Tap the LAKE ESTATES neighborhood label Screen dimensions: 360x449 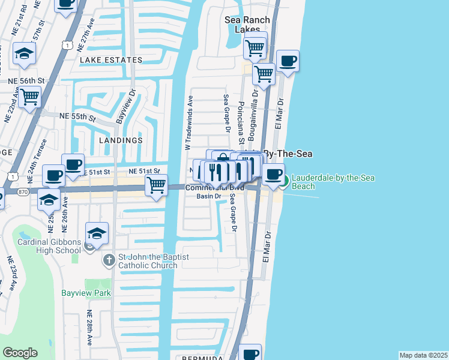(x=111, y=60)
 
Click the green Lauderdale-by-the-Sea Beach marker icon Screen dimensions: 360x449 (x=286, y=180)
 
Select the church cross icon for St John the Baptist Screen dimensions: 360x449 (x=108, y=260)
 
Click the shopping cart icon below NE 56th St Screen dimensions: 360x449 (x=29, y=96)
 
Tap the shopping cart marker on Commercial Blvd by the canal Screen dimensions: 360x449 (x=156, y=185)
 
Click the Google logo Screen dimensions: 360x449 (x=20, y=353)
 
